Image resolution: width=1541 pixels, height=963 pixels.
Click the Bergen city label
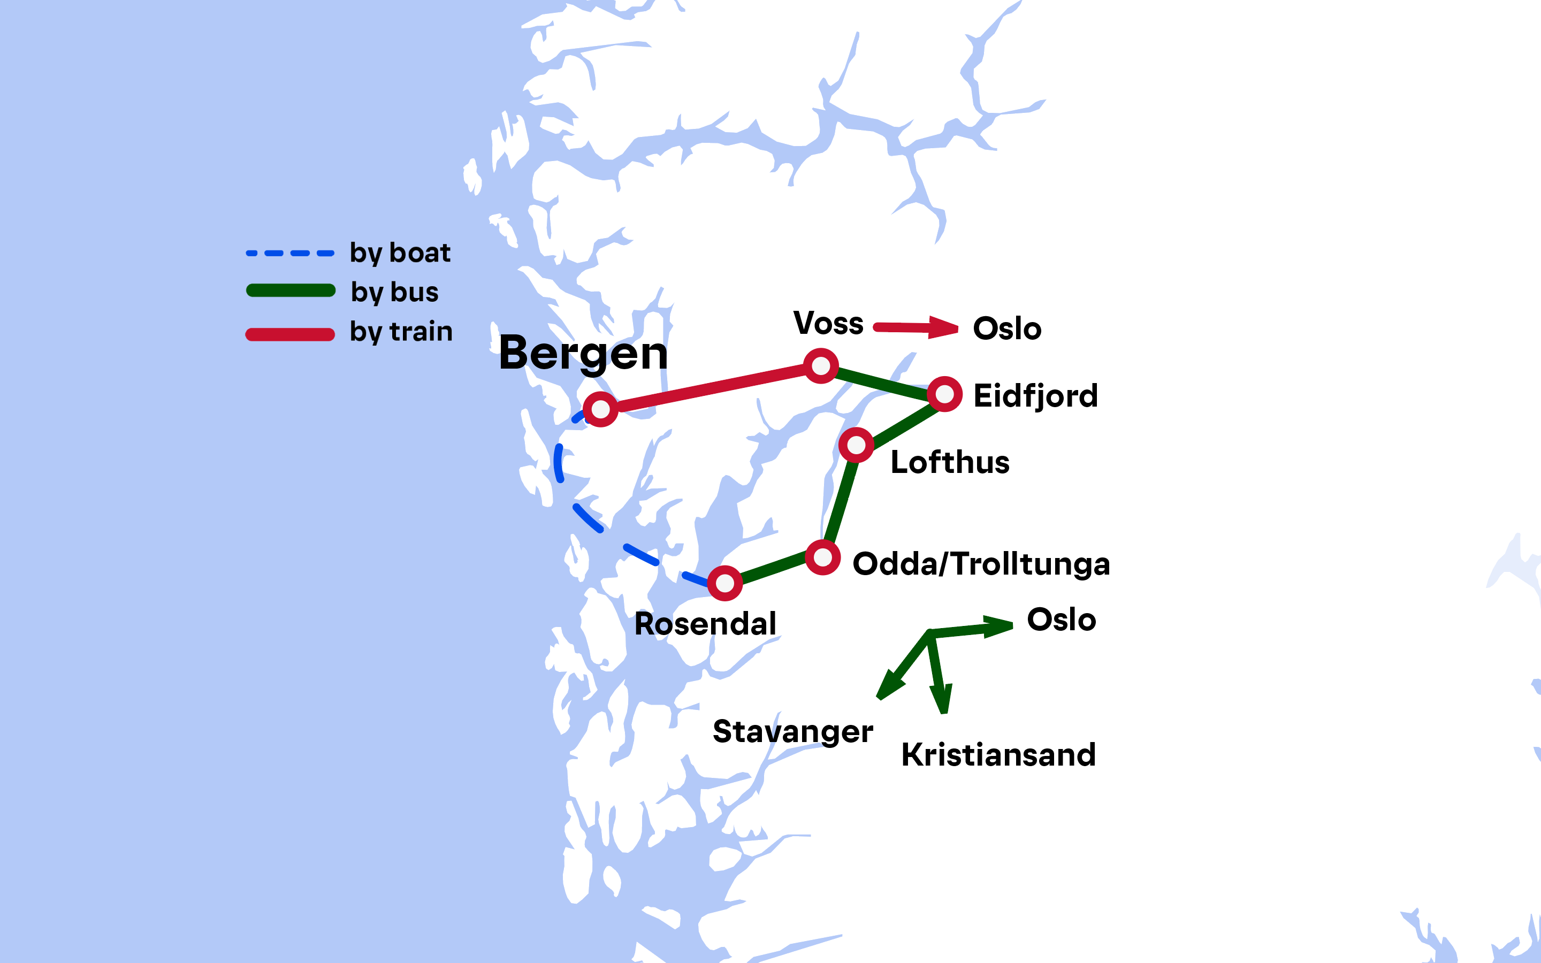(x=583, y=353)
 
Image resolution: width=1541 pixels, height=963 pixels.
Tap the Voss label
(x=828, y=324)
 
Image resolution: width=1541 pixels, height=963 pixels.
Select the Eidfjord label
(x=1035, y=396)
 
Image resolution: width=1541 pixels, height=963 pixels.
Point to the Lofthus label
(x=949, y=462)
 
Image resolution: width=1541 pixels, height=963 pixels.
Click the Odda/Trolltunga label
(x=981, y=564)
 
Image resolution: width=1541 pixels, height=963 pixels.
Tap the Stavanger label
(x=792, y=732)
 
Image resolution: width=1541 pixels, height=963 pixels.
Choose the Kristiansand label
(x=998, y=755)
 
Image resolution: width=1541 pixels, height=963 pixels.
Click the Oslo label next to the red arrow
(x=1007, y=328)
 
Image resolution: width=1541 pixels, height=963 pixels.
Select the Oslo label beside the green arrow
(x=1061, y=620)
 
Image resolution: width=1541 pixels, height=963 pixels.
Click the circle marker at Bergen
(x=600, y=409)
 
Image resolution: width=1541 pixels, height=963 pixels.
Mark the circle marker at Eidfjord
(x=944, y=394)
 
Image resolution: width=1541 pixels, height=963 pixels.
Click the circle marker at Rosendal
(x=724, y=583)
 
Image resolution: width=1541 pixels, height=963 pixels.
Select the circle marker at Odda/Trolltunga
(x=823, y=558)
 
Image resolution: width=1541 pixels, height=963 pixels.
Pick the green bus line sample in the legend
(x=291, y=291)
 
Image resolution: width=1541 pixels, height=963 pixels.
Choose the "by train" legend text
(x=401, y=332)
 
